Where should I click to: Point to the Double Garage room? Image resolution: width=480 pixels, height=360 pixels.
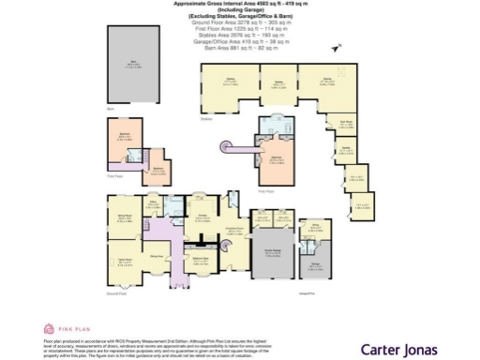pyautogui.click(x=273, y=257)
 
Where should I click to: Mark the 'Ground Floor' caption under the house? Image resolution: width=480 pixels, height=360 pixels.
pyautogui.click(x=117, y=294)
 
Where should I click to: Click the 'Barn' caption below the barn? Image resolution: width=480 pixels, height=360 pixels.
pyautogui.click(x=111, y=110)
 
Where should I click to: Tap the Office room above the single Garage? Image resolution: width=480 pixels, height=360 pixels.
pyautogui.click(x=315, y=230)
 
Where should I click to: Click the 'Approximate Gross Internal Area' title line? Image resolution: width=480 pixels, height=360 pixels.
pyautogui.click(x=239, y=4)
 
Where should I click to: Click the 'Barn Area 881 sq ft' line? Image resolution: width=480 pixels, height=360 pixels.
pyautogui.click(x=239, y=50)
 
